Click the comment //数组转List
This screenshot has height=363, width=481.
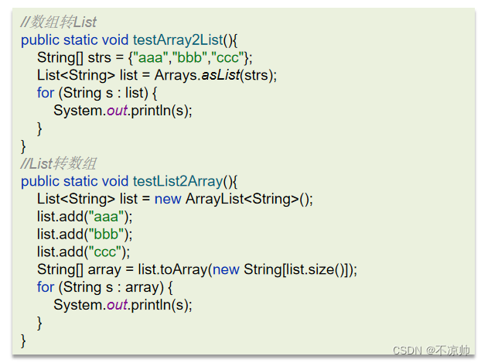pos(59,22)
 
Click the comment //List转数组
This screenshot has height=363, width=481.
pos(59,163)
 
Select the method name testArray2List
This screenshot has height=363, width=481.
pos(176,39)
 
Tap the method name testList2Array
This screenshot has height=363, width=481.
pos(176,181)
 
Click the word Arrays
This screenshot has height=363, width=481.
pos(172,75)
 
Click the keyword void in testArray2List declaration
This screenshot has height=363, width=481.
pos(115,39)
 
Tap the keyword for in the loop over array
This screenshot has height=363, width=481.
pos(46,287)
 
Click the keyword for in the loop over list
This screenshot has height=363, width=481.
pos(46,93)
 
